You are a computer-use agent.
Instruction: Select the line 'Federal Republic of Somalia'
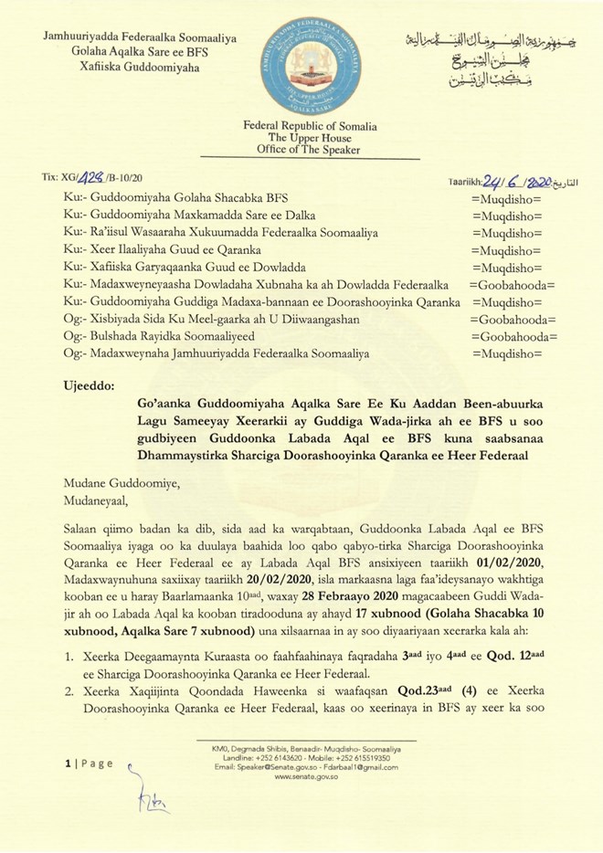[302, 126]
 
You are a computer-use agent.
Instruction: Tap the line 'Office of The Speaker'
[302, 150]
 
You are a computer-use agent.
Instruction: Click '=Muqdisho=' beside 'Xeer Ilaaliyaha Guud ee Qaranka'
[506, 250]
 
